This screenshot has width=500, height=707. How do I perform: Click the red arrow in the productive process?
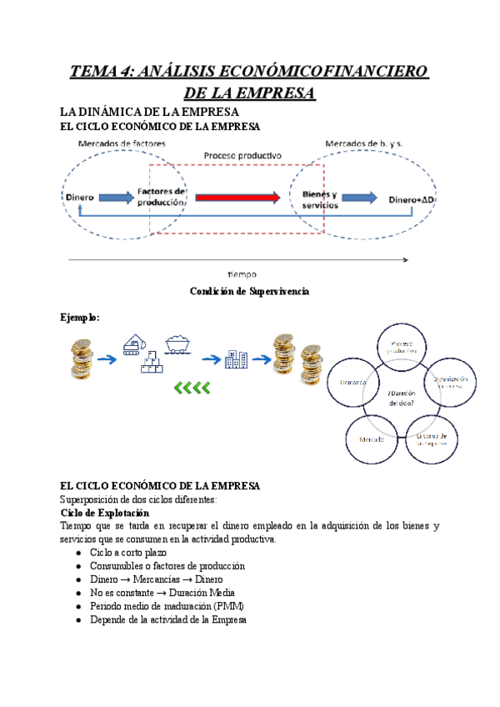coord(238,198)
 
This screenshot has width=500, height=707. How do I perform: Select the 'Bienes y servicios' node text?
coord(319,198)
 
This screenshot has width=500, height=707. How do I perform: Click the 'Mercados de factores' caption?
coord(121,143)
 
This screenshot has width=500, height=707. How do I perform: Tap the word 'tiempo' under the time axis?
coord(242,273)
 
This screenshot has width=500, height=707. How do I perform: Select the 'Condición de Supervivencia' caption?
coord(250,291)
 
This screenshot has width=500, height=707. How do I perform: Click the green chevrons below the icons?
coord(192,386)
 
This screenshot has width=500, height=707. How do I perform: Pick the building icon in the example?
coord(236,359)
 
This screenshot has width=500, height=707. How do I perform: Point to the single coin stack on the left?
coord(81,358)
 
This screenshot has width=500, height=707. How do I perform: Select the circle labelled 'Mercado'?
coord(372,439)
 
